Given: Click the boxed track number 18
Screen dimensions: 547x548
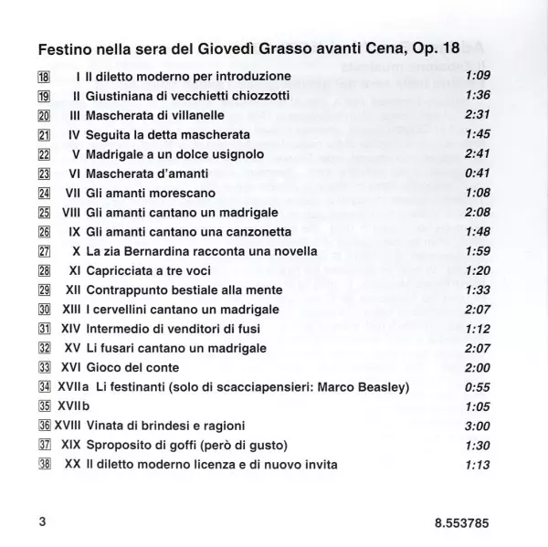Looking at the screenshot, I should tap(43, 76).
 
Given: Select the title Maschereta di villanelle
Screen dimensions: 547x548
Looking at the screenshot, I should tap(157, 115).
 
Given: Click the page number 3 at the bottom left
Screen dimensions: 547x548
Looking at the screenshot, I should tap(42, 522).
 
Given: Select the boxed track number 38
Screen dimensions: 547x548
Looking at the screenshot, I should tap(43, 466).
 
